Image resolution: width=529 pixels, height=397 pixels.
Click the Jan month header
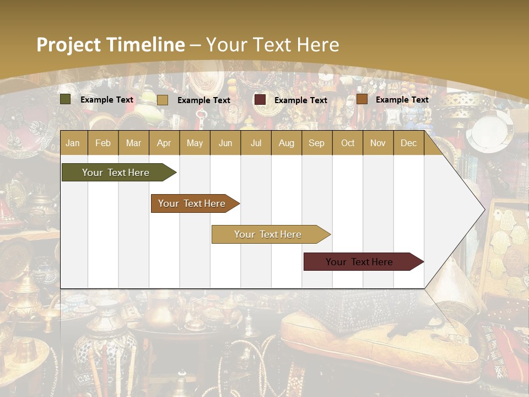[73, 143]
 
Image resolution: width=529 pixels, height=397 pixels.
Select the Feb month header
[103, 143]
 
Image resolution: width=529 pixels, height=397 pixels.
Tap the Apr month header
[164, 143]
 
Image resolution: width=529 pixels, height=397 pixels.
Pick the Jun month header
[225, 143]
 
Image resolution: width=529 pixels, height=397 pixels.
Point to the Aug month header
[286, 143]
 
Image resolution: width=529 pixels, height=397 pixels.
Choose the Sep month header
[316, 143]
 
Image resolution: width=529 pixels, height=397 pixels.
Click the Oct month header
[348, 143]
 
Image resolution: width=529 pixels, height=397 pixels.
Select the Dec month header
[408, 143]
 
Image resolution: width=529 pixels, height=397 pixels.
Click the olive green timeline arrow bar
[116, 173]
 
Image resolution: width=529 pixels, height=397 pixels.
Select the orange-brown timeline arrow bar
[192, 203]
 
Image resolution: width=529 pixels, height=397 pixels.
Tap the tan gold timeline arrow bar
[268, 234]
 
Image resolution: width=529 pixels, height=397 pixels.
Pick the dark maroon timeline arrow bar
[359, 262]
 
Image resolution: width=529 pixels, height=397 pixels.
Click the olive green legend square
[65, 99]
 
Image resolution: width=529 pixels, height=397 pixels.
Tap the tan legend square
[162, 100]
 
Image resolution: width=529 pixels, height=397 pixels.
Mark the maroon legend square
[260, 100]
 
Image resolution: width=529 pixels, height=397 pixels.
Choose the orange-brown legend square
[361, 99]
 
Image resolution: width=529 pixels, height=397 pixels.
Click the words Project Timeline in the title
[110, 45]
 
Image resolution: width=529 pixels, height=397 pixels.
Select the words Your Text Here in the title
[272, 45]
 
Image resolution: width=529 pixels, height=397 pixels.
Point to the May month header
[195, 143]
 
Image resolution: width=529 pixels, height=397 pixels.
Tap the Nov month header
[377, 143]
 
